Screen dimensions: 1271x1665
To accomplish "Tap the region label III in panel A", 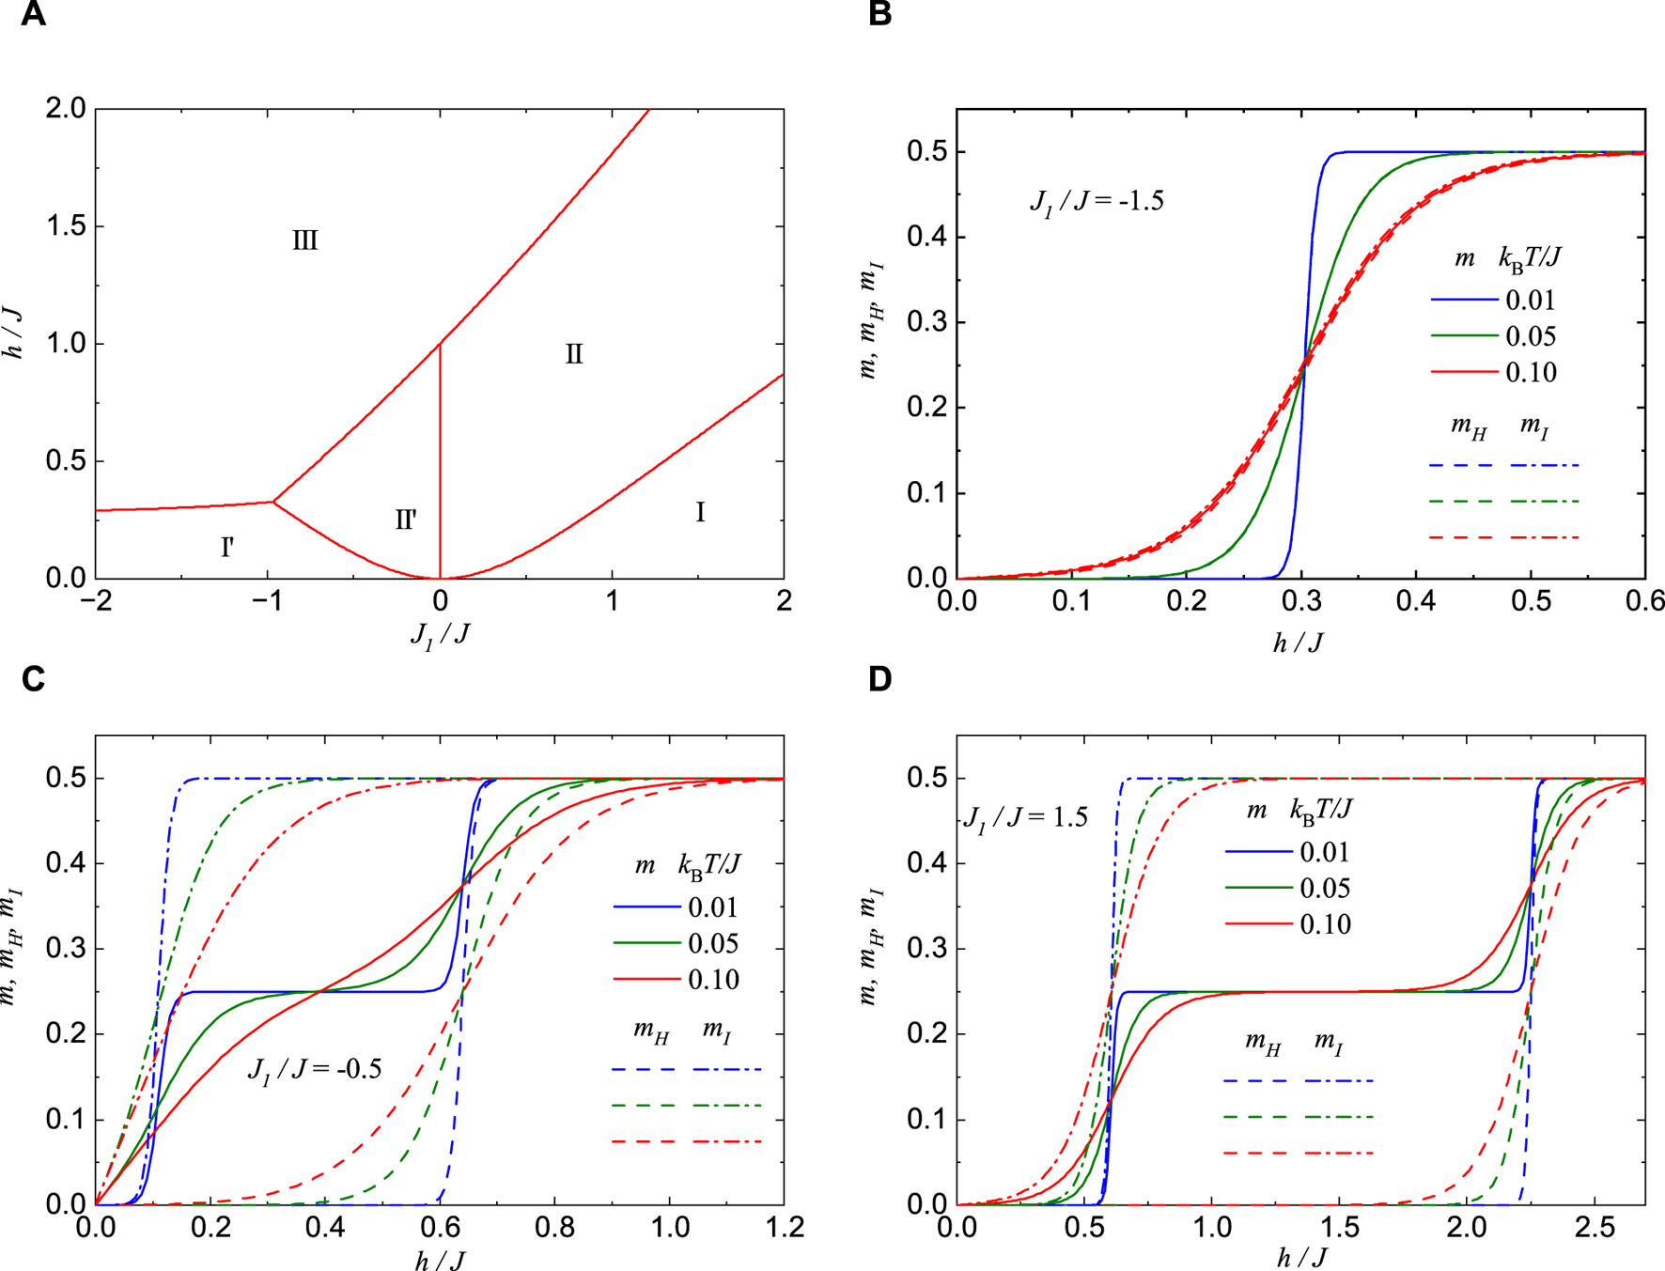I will pyautogui.click(x=304, y=240).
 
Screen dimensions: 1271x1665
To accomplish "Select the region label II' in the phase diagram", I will pyautogui.click(x=406, y=519).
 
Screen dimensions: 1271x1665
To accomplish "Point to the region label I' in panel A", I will pyautogui.click(x=227, y=547).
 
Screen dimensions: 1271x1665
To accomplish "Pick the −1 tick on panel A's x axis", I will pyautogui.click(x=268, y=601).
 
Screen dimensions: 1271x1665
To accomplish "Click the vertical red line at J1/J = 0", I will pyautogui.click(x=440, y=451).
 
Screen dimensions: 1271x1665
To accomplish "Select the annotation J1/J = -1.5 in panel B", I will pyautogui.click(x=1097, y=202).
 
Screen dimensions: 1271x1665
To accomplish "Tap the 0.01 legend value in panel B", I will pyautogui.click(x=1531, y=301).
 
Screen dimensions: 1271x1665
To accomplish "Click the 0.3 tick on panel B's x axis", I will pyautogui.click(x=1301, y=601).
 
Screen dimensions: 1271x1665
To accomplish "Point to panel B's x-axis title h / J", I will pyautogui.click(x=1299, y=643).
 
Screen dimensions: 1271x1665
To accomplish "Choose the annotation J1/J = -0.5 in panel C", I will pyautogui.click(x=314, y=1069).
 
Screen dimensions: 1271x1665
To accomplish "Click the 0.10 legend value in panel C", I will pyautogui.click(x=713, y=980).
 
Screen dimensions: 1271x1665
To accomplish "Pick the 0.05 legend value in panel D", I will pyautogui.click(x=1325, y=889).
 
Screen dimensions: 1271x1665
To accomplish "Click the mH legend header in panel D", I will pyautogui.click(x=1263, y=1043).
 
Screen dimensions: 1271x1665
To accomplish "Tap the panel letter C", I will pyautogui.click(x=33, y=678).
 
